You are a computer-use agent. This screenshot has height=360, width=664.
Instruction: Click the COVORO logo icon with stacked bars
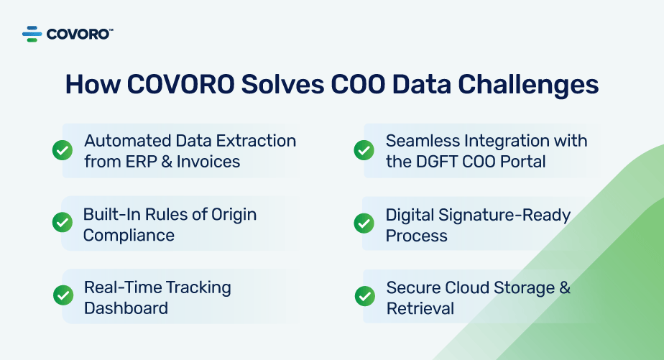point(32,34)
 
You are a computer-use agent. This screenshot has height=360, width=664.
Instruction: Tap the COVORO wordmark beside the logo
point(79,34)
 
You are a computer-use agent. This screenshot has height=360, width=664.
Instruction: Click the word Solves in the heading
point(282,85)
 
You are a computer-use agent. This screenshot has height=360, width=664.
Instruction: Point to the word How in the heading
point(92,85)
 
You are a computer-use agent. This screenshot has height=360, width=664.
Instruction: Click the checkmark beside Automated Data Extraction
point(63,150)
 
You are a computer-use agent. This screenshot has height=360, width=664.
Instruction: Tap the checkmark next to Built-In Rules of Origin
point(63,223)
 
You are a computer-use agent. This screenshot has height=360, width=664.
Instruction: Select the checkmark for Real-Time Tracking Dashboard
point(63,295)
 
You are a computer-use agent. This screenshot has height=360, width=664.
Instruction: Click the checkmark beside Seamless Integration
point(364,150)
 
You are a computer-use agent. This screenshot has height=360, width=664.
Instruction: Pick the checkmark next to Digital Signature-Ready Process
point(364,223)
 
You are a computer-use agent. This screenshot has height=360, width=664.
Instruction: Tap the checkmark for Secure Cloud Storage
point(365,295)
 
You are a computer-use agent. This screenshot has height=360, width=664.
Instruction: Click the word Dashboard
point(126,308)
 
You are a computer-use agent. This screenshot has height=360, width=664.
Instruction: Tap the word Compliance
point(129,235)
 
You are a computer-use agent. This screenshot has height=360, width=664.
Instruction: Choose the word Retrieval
point(420,308)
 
